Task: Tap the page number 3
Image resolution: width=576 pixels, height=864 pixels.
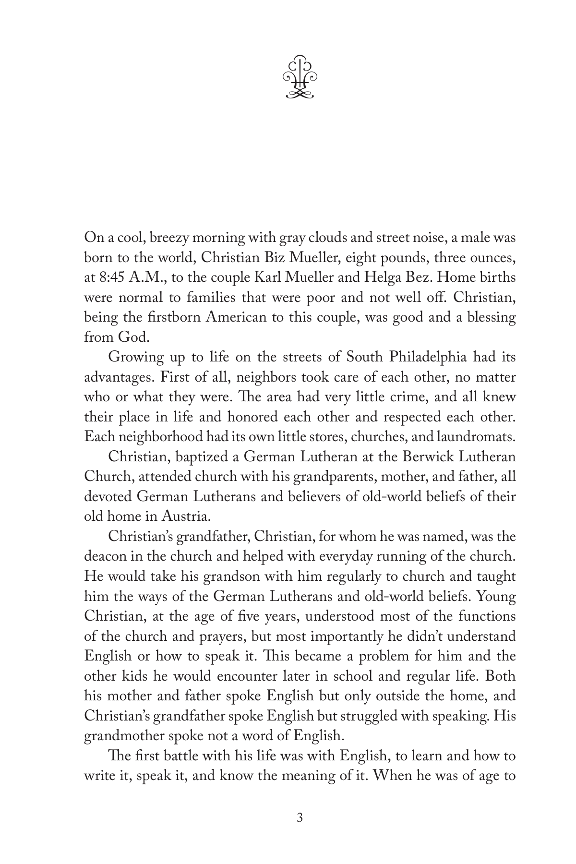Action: point(300,817)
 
